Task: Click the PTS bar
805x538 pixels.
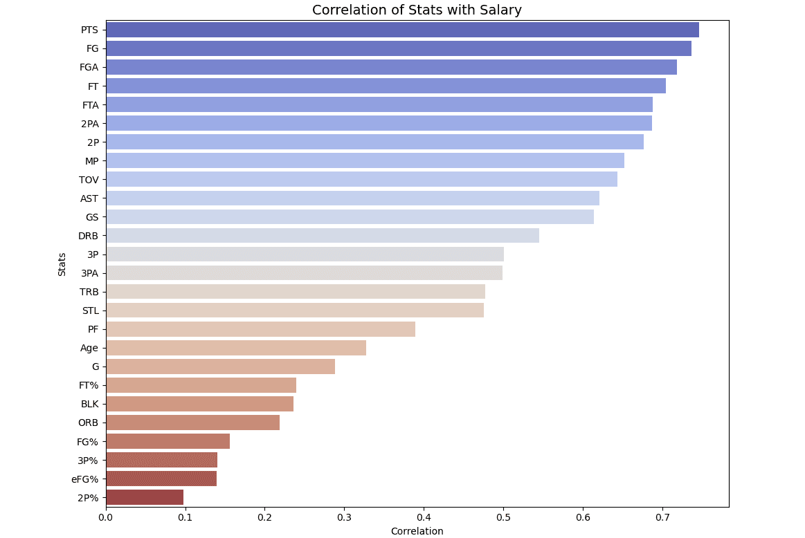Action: pyautogui.click(x=402, y=30)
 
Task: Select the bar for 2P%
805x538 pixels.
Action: pyautogui.click(x=145, y=497)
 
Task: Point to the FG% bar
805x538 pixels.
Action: pyautogui.click(x=168, y=441)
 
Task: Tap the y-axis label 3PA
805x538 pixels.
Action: pyautogui.click(x=89, y=273)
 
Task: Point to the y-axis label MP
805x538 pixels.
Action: pyautogui.click(x=91, y=161)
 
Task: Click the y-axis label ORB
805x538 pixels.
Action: pyautogui.click(x=88, y=423)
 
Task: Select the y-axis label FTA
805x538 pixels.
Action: pyautogui.click(x=90, y=105)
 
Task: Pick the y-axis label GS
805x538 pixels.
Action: pyautogui.click(x=92, y=217)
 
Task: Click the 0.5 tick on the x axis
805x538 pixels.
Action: pyautogui.click(x=503, y=517)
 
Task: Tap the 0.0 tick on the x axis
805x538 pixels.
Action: pyautogui.click(x=106, y=517)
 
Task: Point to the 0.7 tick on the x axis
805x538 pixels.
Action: pyautogui.click(x=662, y=517)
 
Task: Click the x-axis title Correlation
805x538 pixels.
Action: pyautogui.click(x=417, y=531)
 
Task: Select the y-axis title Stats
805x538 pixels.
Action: pyautogui.click(x=62, y=263)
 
